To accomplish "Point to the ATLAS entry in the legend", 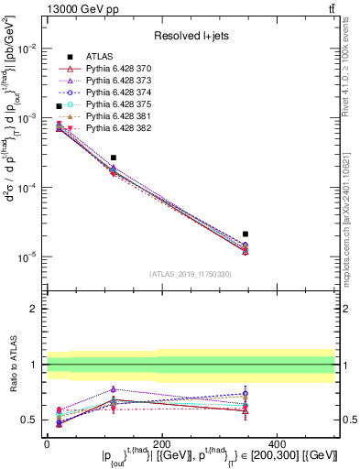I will [x=98, y=57].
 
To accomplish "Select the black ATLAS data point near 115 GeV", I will [x=113, y=158].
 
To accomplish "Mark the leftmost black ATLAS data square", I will [x=60, y=106].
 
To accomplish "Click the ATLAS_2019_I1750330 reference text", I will [x=190, y=274].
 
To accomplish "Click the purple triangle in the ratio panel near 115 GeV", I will [x=113, y=389].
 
